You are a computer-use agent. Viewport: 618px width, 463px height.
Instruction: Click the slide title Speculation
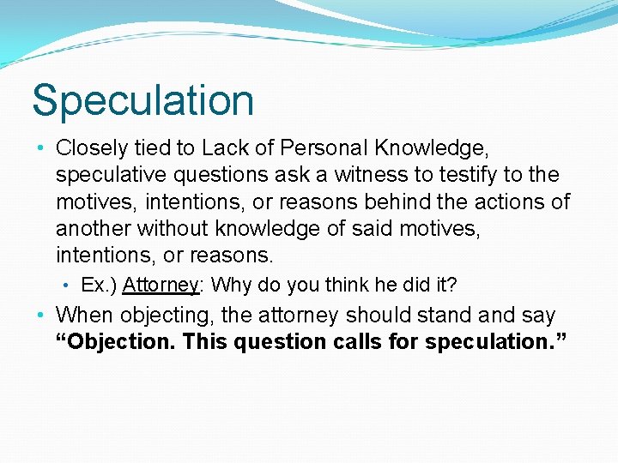(x=142, y=100)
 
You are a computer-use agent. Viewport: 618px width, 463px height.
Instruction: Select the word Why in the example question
(x=228, y=285)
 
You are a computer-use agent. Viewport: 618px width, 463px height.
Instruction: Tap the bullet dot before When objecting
(x=43, y=316)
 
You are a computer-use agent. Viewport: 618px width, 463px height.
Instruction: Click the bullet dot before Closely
(x=43, y=147)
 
